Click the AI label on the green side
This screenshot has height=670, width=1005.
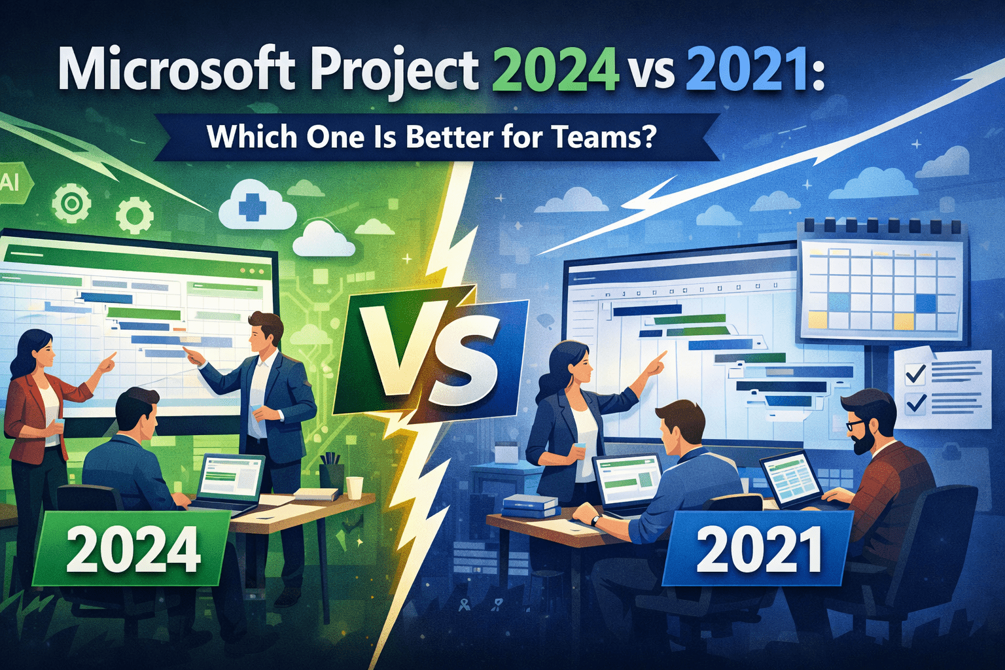point(10,183)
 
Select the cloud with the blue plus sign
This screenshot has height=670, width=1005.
point(252,206)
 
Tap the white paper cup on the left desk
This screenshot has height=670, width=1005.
point(354,487)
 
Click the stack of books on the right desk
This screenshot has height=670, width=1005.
point(531,506)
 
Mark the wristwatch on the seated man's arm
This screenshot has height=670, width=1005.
point(595,520)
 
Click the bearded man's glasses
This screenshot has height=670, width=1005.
point(856,425)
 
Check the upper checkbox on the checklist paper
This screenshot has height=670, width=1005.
point(914,374)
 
